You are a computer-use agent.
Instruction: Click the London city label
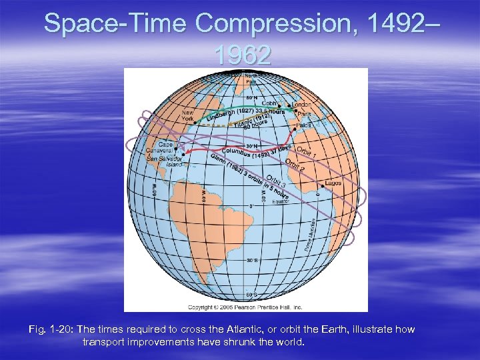tap(302, 104)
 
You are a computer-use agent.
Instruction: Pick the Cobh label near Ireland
tap(269, 103)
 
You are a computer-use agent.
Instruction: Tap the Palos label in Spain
tap(304, 125)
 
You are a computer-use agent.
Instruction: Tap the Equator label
tap(280, 201)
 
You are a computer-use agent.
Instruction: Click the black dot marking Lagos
tap(324, 183)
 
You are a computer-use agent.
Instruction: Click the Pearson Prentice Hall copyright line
tap(245, 307)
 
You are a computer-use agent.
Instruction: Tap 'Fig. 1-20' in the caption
tap(51, 330)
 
